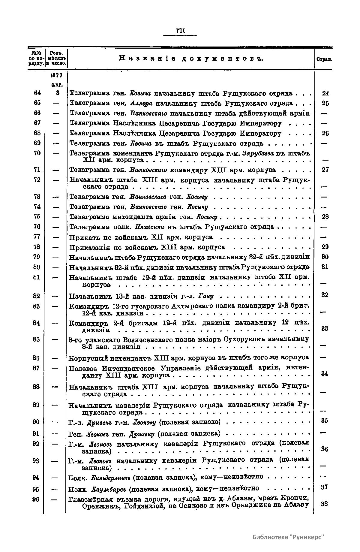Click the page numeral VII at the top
pyautogui.click(x=180, y=31)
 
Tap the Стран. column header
pyautogui.click(x=324, y=60)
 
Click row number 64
pyautogui.click(x=37, y=93)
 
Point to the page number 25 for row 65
pyautogui.click(x=325, y=104)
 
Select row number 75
pyautogui.click(x=37, y=217)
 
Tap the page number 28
pyautogui.click(x=325, y=217)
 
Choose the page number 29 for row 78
pyautogui.click(x=325, y=247)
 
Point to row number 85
pyautogui.click(x=36, y=339)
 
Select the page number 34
pyautogui.click(x=325, y=373)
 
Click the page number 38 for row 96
pyautogui.click(x=324, y=504)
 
